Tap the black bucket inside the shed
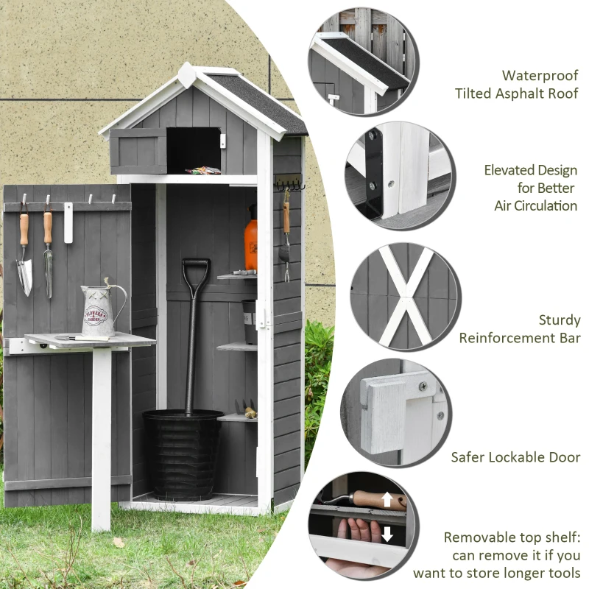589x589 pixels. (183, 453)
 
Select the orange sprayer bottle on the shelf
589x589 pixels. (251, 239)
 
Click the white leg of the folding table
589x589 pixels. (102, 434)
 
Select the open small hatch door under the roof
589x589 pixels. (138, 151)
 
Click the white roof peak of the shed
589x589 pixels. (186, 71)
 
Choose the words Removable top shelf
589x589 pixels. (512, 537)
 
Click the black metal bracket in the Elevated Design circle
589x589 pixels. (372, 173)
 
